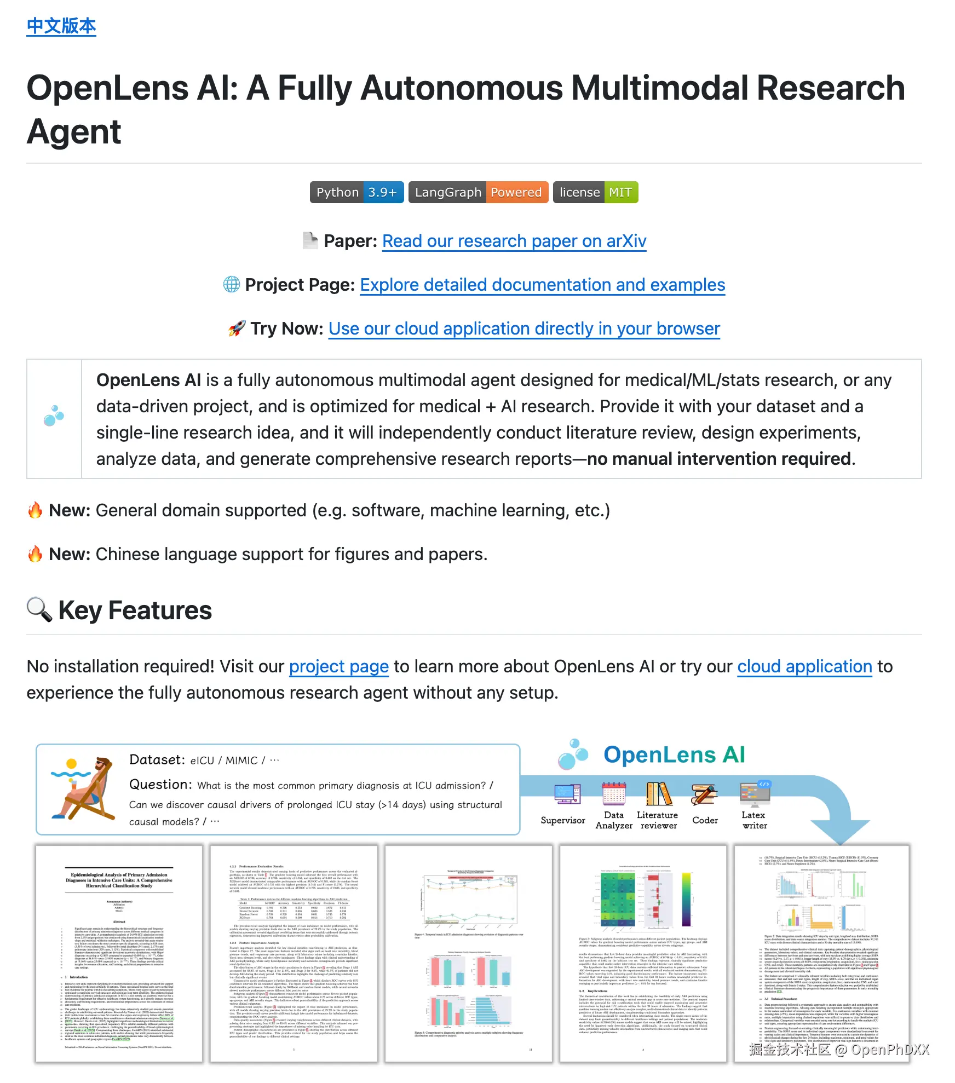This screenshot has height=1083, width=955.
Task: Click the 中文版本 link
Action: [x=61, y=26]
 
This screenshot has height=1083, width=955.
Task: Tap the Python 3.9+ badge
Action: [x=356, y=192]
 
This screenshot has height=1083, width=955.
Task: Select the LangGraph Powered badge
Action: [x=478, y=192]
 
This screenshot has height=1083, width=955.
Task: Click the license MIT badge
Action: [x=595, y=192]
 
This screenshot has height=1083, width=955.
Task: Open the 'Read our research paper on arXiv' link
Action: [x=514, y=241]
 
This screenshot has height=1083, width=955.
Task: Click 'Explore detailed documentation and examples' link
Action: [x=542, y=285]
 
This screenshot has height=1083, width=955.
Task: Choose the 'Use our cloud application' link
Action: [x=523, y=329]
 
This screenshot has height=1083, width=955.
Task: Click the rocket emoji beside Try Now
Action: [x=237, y=329]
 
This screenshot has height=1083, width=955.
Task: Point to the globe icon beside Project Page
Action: [x=232, y=284]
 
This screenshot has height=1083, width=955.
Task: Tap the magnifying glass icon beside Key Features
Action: [x=39, y=609]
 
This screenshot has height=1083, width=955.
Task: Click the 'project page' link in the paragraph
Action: [x=338, y=666]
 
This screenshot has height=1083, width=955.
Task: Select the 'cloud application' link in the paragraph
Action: [x=804, y=666]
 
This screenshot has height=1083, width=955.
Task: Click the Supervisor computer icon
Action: [x=567, y=794]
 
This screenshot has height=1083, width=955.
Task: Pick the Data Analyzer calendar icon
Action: [x=614, y=793]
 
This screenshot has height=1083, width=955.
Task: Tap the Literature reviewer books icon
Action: [x=659, y=793]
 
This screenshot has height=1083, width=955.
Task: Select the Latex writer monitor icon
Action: [x=755, y=794]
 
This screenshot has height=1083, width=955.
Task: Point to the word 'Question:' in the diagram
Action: [x=160, y=785]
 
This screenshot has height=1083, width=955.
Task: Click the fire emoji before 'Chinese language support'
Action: [x=35, y=554]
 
